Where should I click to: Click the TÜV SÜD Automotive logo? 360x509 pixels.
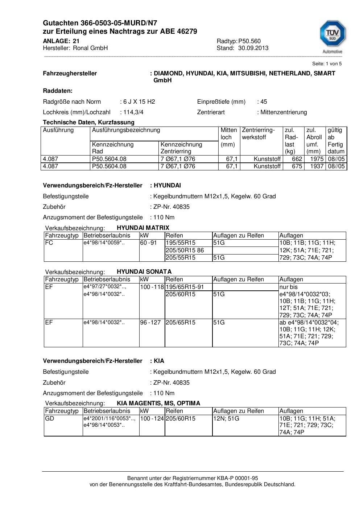[x=332, y=36]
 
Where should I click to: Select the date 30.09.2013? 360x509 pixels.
[x=253, y=48]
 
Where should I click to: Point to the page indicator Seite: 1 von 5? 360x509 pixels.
[x=327, y=63]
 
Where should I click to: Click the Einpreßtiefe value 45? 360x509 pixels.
[x=264, y=102]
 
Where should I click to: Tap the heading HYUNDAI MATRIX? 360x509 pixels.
[x=143, y=228]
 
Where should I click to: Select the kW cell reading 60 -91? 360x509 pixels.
[x=148, y=243]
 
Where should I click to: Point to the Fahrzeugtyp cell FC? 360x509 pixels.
[x=49, y=243]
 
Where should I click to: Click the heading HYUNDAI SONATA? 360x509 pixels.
[x=144, y=272]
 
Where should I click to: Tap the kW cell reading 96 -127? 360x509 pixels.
[x=150, y=322]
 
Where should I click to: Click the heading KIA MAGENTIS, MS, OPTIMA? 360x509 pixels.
[x=158, y=403]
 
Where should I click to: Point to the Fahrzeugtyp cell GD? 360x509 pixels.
[x=49, y=418]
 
